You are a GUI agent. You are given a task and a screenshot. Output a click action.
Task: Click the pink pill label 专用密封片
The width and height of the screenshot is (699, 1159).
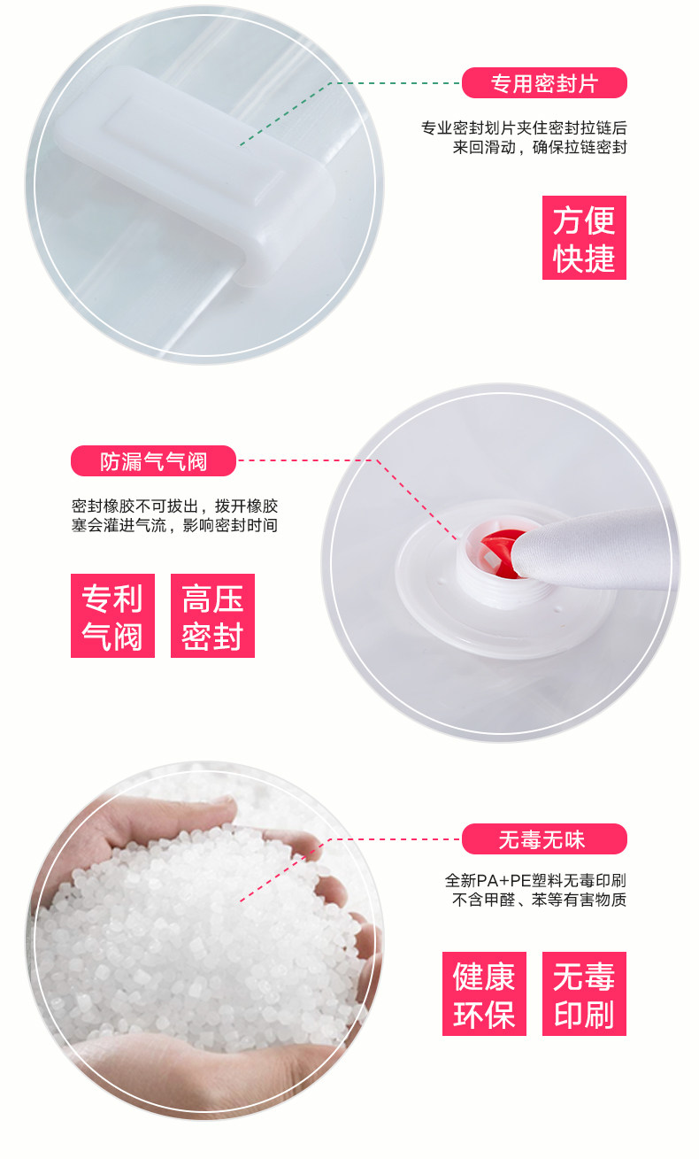click(x=544, y=83)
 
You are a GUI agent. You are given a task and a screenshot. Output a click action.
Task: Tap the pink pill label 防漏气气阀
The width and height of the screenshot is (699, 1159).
click(x=154, y=460)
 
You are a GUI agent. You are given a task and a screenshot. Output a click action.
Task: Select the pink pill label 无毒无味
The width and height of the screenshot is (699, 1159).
click(x=544, y=838)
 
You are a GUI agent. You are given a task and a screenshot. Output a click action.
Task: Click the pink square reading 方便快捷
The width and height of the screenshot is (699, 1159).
click(x=584, y=237)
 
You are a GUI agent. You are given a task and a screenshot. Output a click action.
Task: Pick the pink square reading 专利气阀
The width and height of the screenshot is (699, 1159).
click(x=112, y=615)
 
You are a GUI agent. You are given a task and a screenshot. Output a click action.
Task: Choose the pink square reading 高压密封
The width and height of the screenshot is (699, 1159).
click(x=212, y=615)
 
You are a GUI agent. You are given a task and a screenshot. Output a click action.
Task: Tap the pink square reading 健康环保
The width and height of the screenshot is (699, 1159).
click(x=484, y=993)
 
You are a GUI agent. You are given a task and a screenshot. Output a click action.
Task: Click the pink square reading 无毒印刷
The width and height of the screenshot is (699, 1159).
click(x=584, y=993)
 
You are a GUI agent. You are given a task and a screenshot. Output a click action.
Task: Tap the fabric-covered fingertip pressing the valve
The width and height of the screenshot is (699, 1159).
click(x=584, y=551)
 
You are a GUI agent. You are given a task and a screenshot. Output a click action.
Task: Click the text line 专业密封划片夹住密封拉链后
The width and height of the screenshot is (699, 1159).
click(x=524, y=127)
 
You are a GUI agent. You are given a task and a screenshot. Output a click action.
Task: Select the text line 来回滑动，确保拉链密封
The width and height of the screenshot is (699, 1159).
click(x=540, y=148)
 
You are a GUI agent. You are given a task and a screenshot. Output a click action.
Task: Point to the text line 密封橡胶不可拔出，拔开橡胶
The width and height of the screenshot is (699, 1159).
click(x=175, y=506)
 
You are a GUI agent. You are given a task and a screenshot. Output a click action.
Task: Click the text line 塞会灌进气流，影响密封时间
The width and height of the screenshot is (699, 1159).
click(x=175, y=525)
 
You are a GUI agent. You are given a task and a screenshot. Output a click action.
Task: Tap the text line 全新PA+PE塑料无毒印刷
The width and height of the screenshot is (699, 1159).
click(x=535, y=880)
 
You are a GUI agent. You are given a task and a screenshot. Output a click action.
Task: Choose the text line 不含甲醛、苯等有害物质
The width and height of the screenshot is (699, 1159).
click(x=539, y=900)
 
